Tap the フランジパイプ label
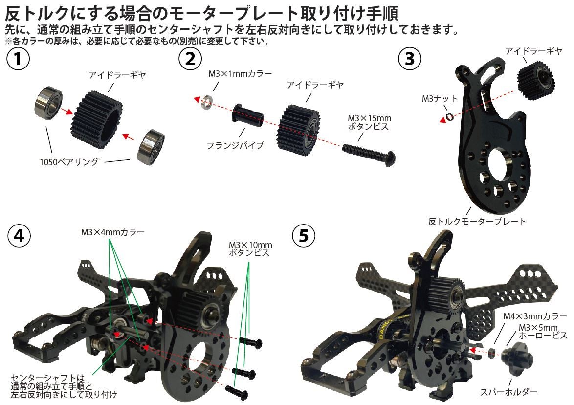coord(235,145)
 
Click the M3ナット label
coord(439,99)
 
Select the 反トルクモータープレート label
coord(477,222)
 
